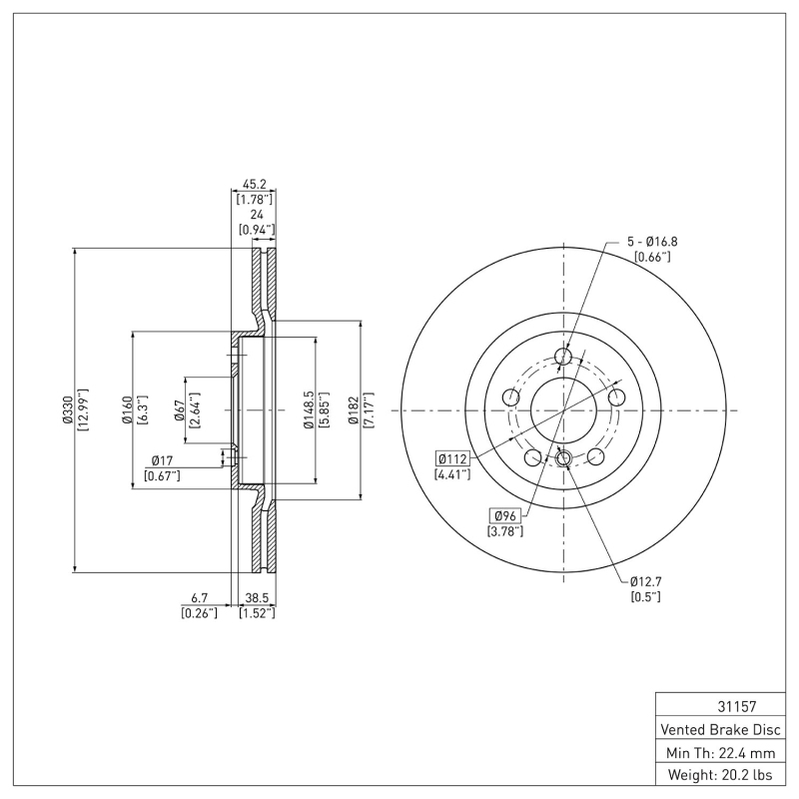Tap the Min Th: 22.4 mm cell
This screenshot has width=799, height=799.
720,751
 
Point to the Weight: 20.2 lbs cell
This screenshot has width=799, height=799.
720,774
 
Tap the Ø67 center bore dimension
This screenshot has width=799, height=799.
179,410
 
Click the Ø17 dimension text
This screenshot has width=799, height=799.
164,459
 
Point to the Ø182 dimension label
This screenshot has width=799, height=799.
354,410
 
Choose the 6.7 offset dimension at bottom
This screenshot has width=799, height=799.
200,598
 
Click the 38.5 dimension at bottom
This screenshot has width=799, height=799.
257,598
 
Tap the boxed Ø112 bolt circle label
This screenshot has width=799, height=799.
451,458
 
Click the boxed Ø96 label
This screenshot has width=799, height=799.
504,515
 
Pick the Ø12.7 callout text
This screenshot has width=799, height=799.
645,581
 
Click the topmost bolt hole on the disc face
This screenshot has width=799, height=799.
563,357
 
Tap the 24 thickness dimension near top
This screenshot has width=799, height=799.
258,215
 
